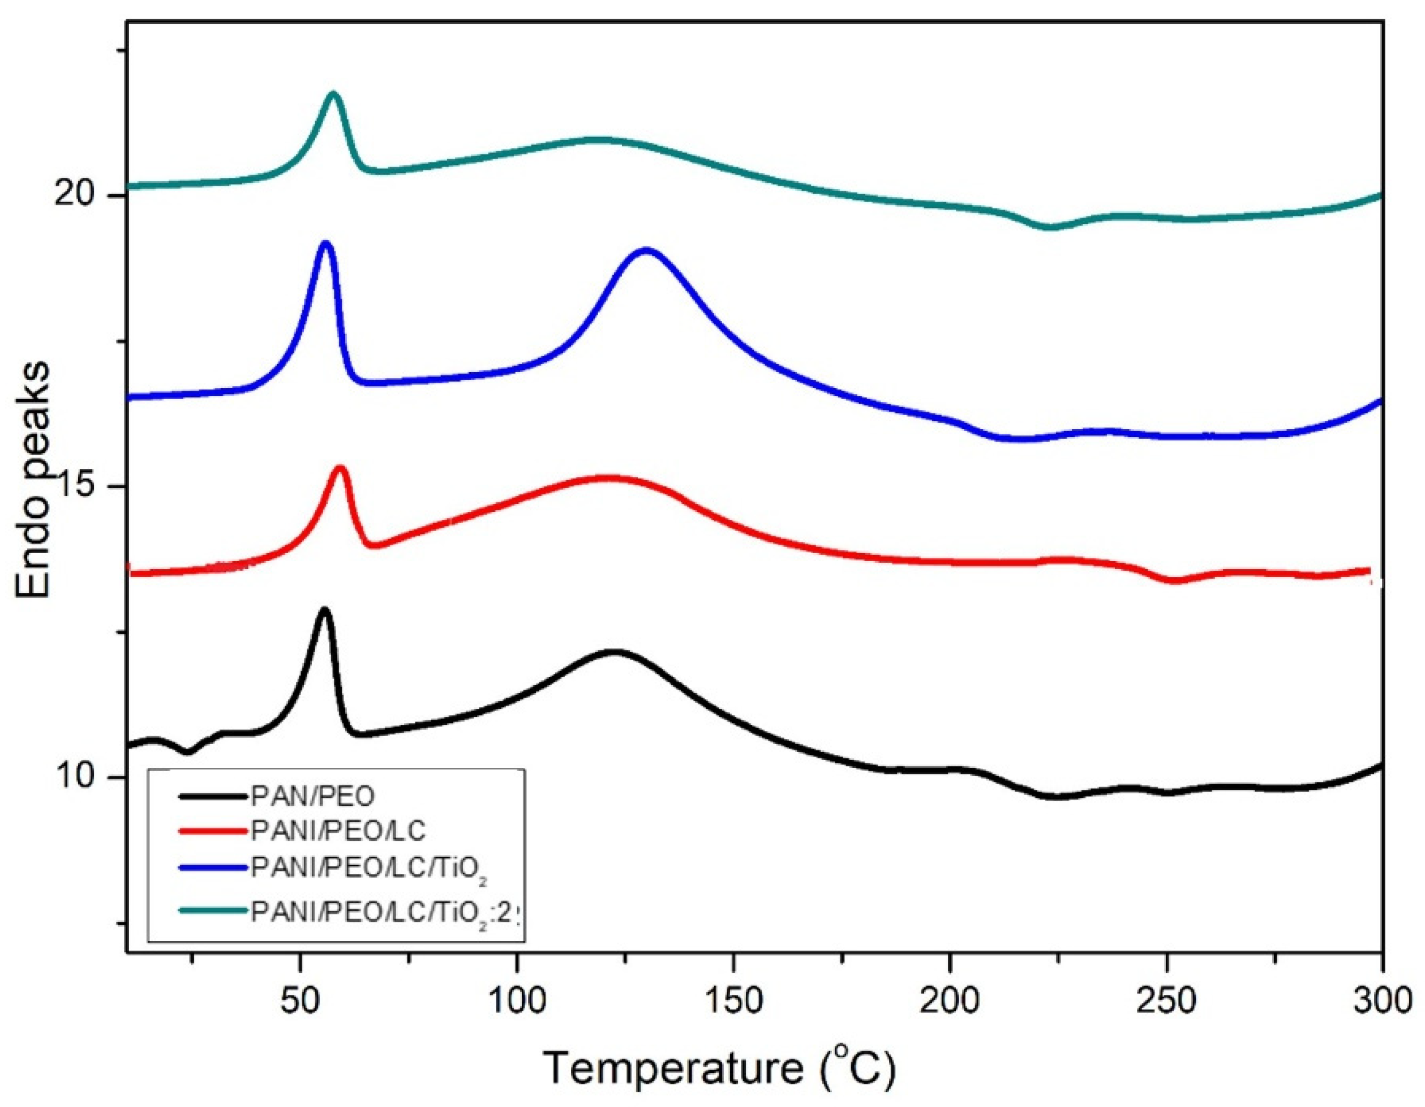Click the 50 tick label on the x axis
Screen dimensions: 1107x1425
[x=299, y=1000]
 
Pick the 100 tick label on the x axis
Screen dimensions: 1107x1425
[x=516, y=1000]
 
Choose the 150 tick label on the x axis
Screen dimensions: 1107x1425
[x=733, y=1000]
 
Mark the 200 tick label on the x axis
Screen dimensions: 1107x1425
[x=950, y=1000]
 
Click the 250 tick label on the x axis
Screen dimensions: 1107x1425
[x=1166, y=1000]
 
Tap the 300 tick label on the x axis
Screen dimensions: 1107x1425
[x=1382, y=1000]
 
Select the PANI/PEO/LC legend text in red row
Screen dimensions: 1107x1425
[x=338, y=831]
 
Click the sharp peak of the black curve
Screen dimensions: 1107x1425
[x=324, y=610]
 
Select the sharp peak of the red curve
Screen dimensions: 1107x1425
[x=340, y=467]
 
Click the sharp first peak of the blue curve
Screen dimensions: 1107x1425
[x=325, y=243]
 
